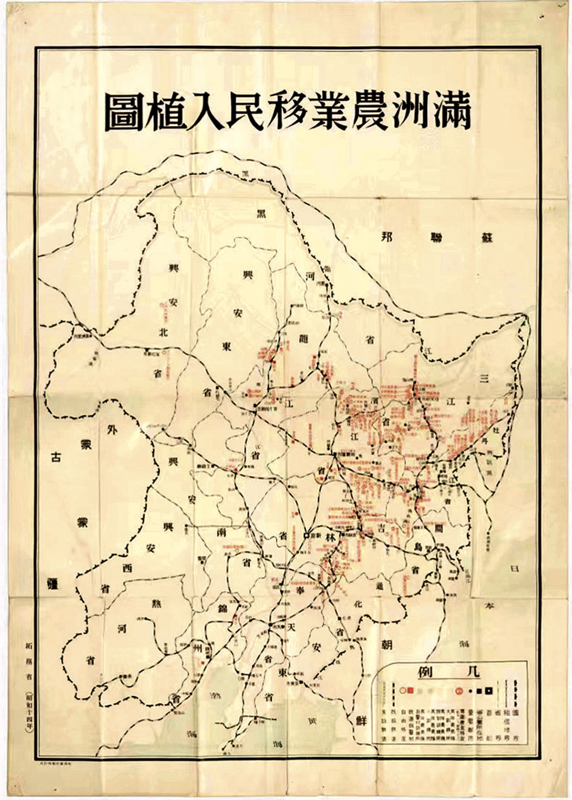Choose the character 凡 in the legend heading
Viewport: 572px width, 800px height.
pyautogui.click(x=470, y=671)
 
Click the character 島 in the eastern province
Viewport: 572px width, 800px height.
pyautogui.click(x=419, y=548)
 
